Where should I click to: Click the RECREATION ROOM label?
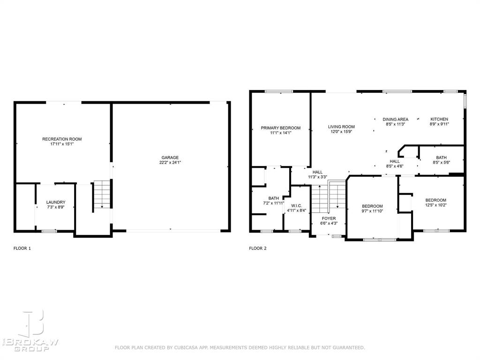[x=62, y=139]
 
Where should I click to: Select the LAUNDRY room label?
[x=55, y=202]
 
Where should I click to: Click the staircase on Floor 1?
[x=102, y=195]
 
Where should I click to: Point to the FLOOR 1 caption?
[x=22, y=248]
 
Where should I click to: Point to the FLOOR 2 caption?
[x=257, y=248]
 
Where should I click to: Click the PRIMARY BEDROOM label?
[x=280, y=127]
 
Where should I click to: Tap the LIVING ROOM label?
[x=341, y=127]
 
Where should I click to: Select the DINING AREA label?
[x=395, y=119]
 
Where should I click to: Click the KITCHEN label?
[x=439, y=119]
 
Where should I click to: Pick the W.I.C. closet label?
[x=296, y=205]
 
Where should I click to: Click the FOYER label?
[x=328, y=218]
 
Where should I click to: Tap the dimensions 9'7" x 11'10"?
[x=372, y=211]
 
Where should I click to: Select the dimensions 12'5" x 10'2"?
[x=435, y=205]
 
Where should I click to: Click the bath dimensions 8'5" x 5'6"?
[x=441, y=163]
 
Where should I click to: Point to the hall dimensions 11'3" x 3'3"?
[x=317, y=177]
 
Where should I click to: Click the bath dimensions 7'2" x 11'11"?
[x=273, y=203]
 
